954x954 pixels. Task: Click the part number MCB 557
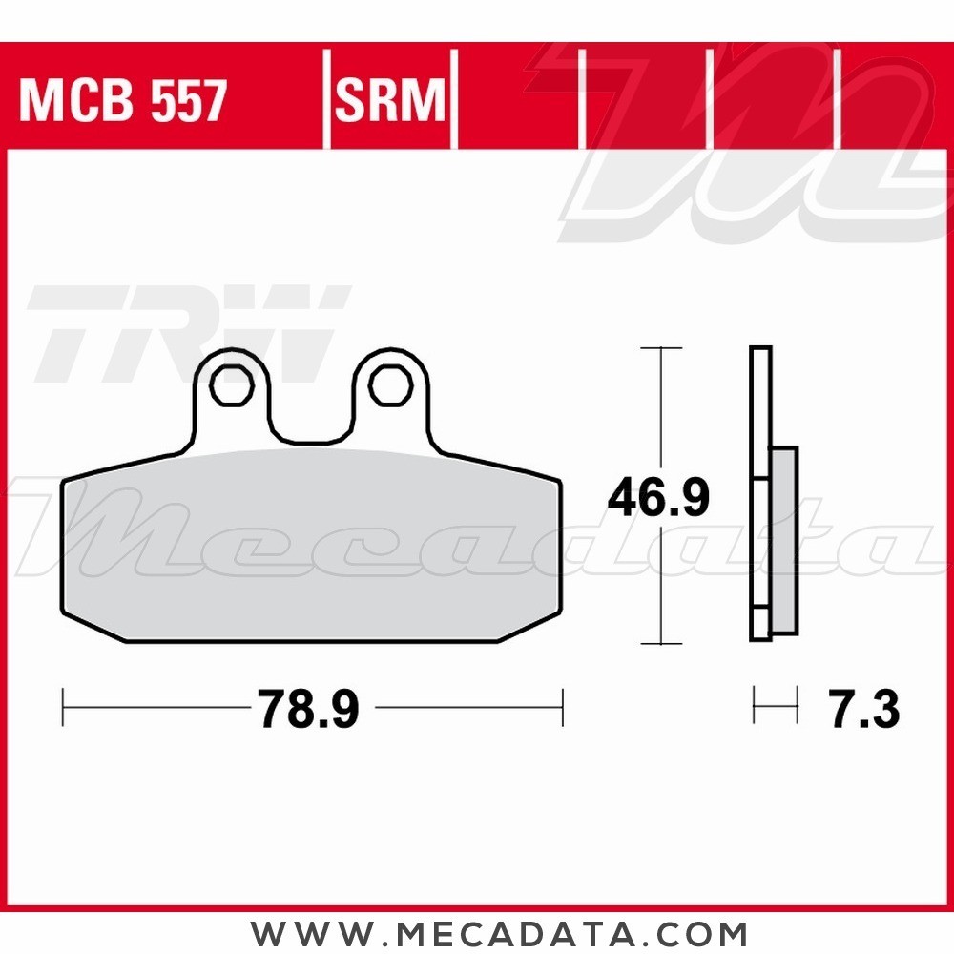click(123, 101)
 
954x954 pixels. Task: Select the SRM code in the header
click(390, 101)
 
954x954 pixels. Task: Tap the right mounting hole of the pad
click(388, 385)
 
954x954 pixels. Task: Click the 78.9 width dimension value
click(307, 710)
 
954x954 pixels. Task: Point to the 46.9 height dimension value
click(659, 497)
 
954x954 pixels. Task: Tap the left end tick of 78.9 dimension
click(63, 708)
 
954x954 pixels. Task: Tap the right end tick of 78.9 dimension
click(562, 708)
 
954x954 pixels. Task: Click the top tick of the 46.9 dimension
click(659, 348)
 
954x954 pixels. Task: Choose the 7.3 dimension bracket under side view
click(775, 709)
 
